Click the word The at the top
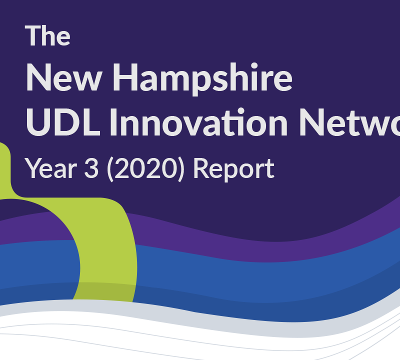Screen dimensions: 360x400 (48, 35)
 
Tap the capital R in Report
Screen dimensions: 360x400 (201, 168)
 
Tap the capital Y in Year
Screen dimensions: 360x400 (33, 168)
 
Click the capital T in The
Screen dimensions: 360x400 (32, 35)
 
